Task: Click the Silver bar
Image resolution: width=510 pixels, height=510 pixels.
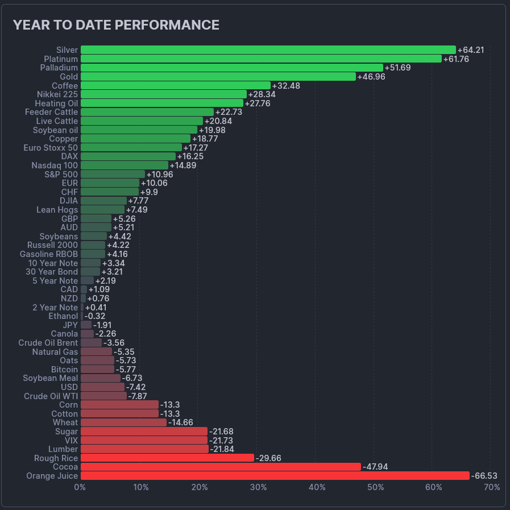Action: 268,50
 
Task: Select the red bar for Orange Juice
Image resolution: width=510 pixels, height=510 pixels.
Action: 275,476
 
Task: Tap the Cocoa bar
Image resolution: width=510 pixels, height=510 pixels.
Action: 221,467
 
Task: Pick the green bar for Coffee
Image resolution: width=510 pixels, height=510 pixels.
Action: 176,86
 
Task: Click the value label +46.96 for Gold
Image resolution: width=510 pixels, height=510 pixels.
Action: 371,77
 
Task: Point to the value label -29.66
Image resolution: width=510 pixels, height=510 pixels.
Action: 268,458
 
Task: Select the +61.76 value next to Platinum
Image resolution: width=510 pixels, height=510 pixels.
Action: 456,59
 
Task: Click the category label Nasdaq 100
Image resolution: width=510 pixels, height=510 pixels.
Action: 55,165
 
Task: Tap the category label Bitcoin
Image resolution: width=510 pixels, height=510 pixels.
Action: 64,370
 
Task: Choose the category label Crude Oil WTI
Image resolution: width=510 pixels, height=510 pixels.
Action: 51,396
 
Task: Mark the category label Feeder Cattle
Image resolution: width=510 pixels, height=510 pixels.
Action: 51,112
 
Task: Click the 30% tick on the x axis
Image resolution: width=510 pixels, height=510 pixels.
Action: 259,487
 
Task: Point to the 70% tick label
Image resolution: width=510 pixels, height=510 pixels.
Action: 492,487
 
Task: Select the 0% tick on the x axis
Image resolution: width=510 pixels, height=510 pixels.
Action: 80,487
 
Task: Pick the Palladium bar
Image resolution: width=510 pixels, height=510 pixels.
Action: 231,68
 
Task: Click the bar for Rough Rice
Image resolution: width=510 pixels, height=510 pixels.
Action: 167,458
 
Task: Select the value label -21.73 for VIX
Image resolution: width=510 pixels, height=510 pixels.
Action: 221,441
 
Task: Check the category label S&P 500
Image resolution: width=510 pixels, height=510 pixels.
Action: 61,175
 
